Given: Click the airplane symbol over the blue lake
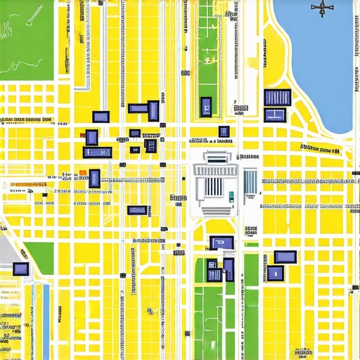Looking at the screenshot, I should (x=321, y=8).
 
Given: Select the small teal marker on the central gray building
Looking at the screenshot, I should (x=230, y=197).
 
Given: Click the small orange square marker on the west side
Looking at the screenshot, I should (x=83, y=172).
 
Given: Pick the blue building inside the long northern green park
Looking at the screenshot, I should (x=206, y=106).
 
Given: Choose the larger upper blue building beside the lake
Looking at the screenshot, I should (x=276, y=97).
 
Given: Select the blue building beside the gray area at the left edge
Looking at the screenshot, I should (x=21, y=269).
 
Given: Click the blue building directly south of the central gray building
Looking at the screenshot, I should (x=221, y=243).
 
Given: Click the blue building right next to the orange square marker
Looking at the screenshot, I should (x=94, y=179).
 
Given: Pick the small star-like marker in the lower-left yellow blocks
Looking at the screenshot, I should (x=148, y=310).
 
